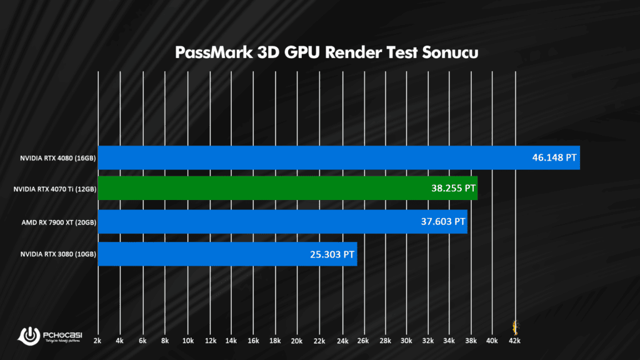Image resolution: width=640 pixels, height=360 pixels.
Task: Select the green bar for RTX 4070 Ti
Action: click(287, 188)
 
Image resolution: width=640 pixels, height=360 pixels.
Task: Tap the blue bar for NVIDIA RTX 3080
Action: click(227, 254)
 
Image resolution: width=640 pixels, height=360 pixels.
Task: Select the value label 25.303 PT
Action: click(332, 254)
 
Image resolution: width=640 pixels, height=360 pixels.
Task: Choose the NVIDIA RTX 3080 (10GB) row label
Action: click(57, 254)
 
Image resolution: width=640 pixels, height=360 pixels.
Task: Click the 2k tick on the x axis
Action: click(97, 341)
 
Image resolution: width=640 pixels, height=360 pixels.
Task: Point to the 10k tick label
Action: click(187, 341)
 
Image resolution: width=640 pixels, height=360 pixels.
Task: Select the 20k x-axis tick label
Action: click(297, 341)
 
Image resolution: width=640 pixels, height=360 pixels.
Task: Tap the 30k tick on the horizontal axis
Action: click(406, 341)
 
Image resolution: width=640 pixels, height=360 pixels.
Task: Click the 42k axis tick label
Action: click(515, 341)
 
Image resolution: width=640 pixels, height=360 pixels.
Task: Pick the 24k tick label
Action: click(341, 341)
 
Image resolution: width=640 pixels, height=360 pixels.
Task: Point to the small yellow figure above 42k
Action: click(516, 326)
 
